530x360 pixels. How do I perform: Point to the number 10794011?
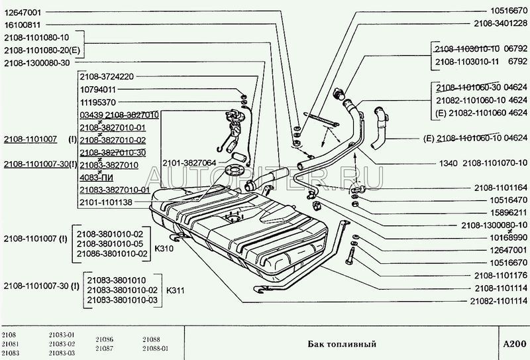click(97, 90)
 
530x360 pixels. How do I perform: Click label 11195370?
click(97, 102)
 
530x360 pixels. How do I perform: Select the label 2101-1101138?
click(106, 202)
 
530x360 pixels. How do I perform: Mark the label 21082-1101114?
click(499, 300)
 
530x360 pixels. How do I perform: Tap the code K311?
click(176, 290)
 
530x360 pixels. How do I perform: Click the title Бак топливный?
click(343, 344)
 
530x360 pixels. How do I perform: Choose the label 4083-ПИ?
click(96, 177)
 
